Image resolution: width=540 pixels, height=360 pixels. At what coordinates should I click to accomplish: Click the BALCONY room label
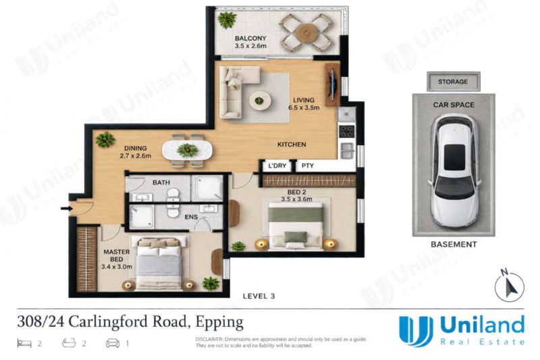(250, 38)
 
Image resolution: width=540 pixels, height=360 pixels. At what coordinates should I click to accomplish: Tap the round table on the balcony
(306, 32)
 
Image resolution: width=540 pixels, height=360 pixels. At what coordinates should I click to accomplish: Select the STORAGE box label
(453, 82)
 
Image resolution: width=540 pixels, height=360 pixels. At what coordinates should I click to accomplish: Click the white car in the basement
(454, 170)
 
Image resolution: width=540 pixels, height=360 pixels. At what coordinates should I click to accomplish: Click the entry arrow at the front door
(65, 209)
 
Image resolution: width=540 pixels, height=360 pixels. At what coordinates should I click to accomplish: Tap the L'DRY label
(277, 165)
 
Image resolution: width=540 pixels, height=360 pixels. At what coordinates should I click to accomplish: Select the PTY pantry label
(308, 165)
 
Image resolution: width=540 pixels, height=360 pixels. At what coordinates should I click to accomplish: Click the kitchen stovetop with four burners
(346, 130)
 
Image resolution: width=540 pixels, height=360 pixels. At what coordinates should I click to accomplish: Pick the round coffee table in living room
(260, 101)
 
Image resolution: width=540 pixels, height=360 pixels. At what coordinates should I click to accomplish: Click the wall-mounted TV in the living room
(332, 84)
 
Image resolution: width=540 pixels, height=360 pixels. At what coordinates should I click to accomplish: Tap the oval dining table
(188, 151)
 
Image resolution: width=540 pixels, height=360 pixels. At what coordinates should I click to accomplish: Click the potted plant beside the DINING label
(105, 140)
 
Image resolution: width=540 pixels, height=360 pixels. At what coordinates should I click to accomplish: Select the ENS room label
(191, 217)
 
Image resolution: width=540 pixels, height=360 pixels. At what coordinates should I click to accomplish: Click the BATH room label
(161, 182)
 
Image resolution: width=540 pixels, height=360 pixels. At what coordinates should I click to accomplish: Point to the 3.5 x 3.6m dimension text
(296, 199)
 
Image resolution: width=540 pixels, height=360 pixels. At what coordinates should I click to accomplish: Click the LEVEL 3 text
(259, 296)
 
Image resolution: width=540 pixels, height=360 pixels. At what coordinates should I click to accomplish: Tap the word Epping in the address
(219, 322)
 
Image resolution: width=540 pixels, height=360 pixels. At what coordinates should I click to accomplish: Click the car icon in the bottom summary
(113, 343)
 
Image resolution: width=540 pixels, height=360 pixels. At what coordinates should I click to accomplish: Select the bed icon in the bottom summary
(24, 343)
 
